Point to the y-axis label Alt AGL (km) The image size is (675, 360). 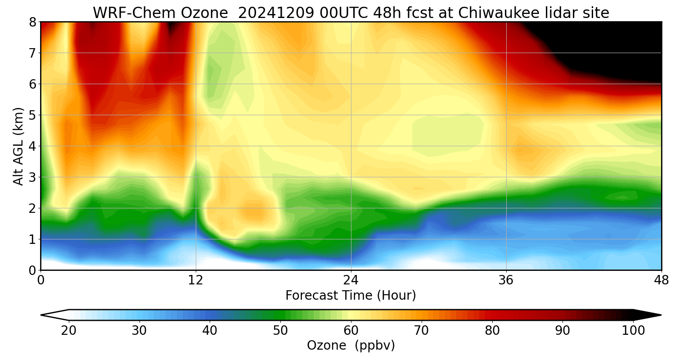pos(18,146)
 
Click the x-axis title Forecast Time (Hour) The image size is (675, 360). pos(351,296)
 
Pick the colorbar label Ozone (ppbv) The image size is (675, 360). pos(351,345)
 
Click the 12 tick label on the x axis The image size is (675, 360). pos(196,280)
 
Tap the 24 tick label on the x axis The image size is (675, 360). pos(351,280)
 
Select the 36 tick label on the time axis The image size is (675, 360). pos(506,280)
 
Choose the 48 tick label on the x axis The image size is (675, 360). pos(661,280)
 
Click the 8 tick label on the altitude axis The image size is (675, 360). pos(32,22)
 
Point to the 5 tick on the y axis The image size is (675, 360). pos(32,115)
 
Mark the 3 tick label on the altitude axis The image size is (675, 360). pos(32,177)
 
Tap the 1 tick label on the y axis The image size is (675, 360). pos(32,239)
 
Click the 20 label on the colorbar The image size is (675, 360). pos(69,331)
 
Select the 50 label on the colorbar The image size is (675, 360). pos(280,331)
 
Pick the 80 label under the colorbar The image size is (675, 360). pos(492,331)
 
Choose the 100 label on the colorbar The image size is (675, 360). pos(633,331)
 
